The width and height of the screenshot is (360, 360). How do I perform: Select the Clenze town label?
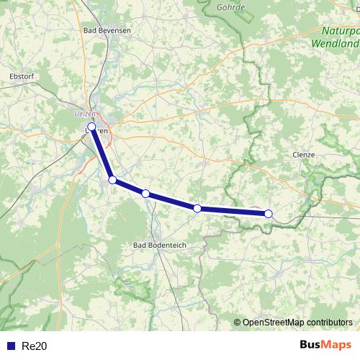305,154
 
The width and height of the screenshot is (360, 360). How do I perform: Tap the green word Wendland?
335,43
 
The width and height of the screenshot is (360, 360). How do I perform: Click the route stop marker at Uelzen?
91,127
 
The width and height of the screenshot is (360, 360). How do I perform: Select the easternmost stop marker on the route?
269,213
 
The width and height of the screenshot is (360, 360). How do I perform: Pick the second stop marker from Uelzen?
112,180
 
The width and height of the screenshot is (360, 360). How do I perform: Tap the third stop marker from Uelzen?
145,194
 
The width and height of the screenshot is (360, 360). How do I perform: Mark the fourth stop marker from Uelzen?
197,208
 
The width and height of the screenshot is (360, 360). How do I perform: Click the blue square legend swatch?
10,346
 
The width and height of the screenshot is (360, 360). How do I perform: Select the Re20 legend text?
34,346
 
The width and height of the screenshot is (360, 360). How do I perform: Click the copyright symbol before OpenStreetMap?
238,322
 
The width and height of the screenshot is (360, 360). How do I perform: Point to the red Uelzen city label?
85,113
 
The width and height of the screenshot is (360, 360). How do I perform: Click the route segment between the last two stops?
233,211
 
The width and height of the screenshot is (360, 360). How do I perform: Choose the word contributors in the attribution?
327,322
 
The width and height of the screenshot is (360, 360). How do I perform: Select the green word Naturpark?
340,31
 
